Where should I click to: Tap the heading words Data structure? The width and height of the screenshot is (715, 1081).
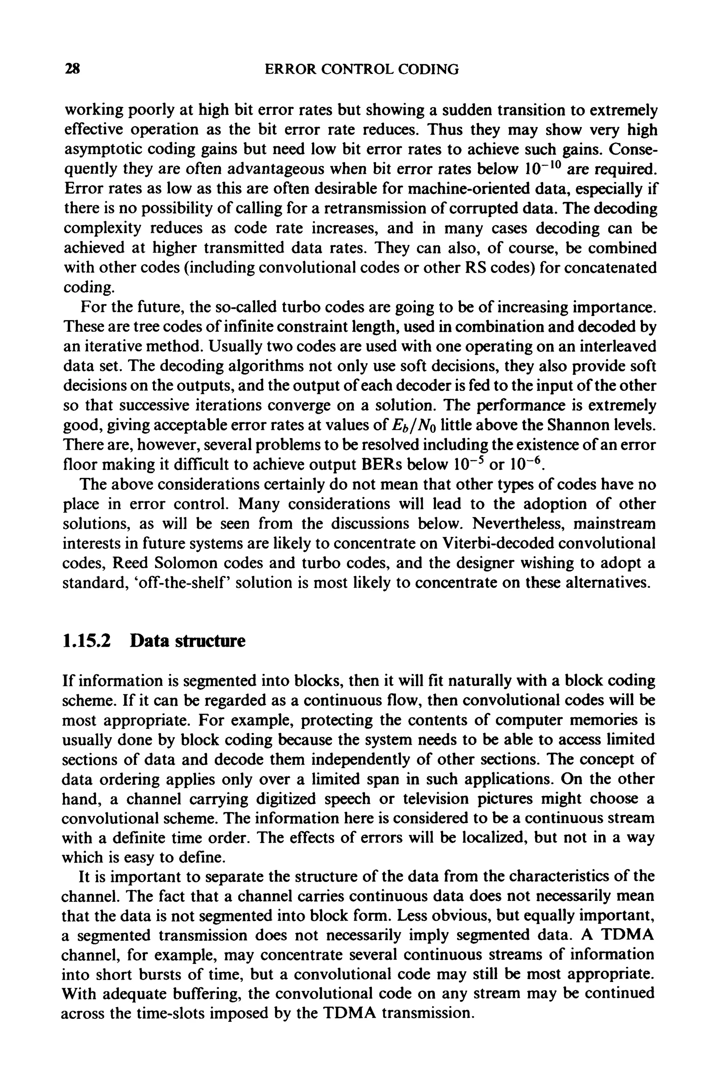[187, 641]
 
